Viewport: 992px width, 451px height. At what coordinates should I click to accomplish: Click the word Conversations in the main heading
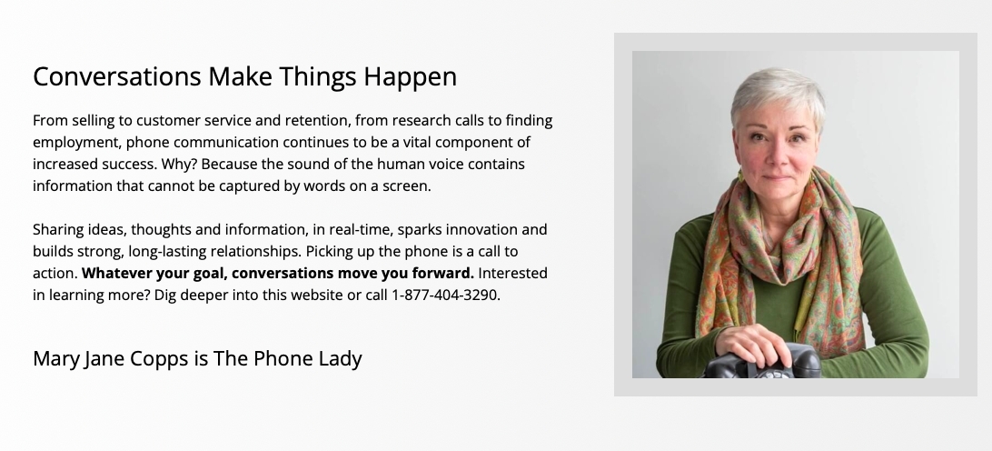pos(117,76)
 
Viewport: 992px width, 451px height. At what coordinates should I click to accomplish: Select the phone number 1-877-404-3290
pos(446,296)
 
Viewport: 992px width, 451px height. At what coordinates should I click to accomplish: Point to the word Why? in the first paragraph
pos(179,165)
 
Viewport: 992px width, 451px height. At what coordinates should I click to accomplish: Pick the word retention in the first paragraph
pos(317,120)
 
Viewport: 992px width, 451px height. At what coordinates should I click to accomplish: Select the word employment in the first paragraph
pos(76,143)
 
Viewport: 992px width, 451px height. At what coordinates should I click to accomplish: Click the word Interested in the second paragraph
pos(513,273)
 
